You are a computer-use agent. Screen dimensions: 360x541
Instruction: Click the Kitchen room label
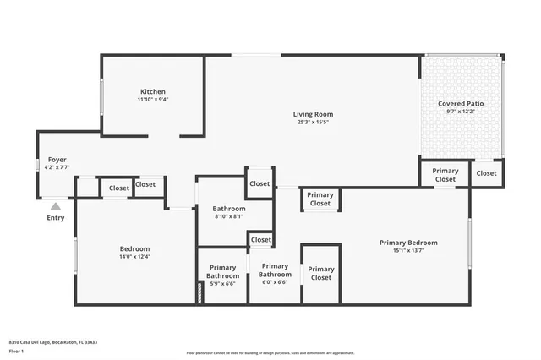(153, 91)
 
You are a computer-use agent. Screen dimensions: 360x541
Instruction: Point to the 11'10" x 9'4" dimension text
(153, 100)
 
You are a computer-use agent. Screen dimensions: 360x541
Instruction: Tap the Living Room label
(313, 114)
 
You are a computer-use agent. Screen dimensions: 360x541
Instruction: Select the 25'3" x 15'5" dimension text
(313, 123)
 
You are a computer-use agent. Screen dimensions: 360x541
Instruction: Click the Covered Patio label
(461, 103)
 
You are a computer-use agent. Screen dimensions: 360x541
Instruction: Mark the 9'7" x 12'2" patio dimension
(461, 112)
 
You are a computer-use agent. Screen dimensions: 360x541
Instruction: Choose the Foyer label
(57, 159)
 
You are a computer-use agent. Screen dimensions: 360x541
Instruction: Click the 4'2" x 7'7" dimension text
(57, 167)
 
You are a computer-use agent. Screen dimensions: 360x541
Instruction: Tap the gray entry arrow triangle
(55, 205)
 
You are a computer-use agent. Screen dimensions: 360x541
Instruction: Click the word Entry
(55, 218)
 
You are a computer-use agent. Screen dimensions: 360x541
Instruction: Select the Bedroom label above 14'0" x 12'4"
(134, 248)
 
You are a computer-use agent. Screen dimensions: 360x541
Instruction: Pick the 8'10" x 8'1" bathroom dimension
(228, 216)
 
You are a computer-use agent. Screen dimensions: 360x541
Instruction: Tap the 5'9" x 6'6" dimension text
(222, 283)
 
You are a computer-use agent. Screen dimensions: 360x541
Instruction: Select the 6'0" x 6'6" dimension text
(274, 282)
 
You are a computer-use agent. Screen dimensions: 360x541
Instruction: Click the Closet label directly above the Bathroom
(260, 183)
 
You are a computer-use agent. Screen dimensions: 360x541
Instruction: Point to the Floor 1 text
(17, 350)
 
